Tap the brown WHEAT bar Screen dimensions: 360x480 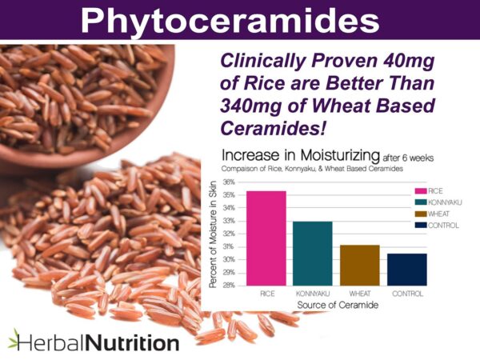coord(360,265)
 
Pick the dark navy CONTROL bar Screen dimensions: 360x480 coord(407,269)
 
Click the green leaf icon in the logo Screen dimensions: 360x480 coord(14,338)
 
